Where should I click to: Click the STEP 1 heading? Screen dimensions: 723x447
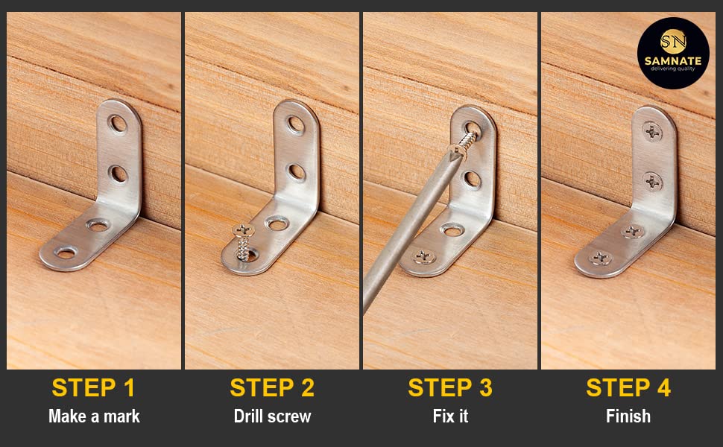click(93, 387)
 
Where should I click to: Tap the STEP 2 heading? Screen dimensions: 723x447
click(272, 387)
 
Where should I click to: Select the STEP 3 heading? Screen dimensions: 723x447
click(450, 387)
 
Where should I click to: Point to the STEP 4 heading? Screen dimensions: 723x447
click(628, 387)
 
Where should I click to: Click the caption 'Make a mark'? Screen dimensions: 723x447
click(94, 416)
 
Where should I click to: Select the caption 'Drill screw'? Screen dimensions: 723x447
click(272, 416)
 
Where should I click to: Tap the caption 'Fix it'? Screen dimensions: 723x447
click(450, 416)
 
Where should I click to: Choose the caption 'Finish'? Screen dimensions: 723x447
click(628, 416)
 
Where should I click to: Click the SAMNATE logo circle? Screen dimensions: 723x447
click(673, 53)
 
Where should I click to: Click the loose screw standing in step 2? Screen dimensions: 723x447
click(244, 242)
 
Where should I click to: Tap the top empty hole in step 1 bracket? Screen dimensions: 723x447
click(118, 124)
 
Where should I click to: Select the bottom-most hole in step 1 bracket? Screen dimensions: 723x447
click(66, 253)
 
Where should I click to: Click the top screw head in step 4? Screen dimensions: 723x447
click(652, 132)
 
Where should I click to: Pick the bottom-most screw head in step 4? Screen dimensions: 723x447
click(600, 259)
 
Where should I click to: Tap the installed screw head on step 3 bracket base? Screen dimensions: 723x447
click(423, 257)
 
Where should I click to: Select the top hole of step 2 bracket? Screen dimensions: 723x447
click(296, 124)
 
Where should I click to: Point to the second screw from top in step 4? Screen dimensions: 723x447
click(652, 182)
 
